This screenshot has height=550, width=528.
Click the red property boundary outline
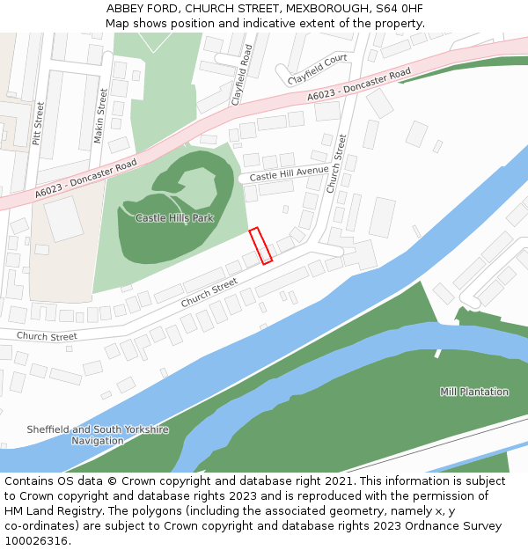point(261,246)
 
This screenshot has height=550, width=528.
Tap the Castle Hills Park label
point(174,217)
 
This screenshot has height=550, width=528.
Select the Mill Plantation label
point(474,392)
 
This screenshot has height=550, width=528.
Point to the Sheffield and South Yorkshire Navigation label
point(98,435)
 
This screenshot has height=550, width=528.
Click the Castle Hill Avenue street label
point(289,174)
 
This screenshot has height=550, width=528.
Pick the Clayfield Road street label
point(241,76)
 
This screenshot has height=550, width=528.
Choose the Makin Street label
point(101,114)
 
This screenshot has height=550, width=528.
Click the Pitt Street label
point(38,123)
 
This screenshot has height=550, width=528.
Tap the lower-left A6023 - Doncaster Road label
point(86,179)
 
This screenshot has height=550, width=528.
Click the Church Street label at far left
point(47,336)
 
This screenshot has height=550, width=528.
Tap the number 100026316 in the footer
point(35,541)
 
